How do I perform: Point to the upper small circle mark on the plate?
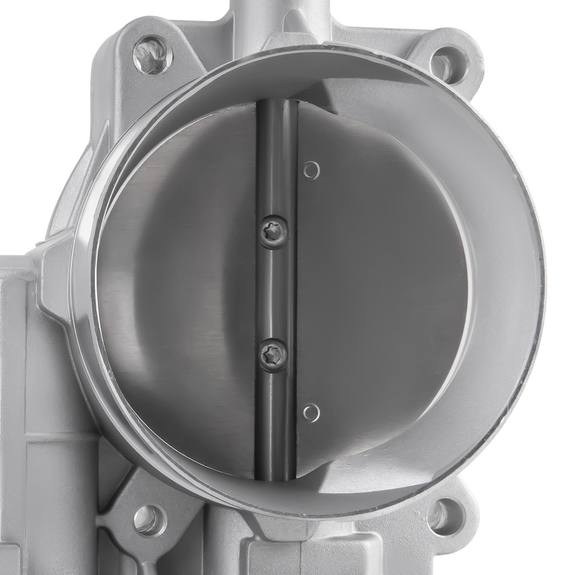point(311,170)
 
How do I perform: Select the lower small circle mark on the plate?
point(310,412)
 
